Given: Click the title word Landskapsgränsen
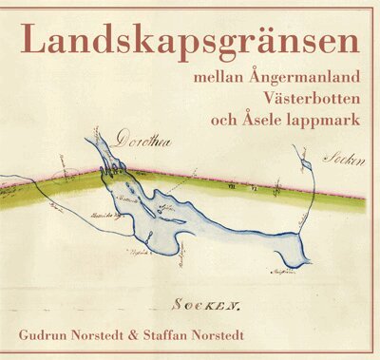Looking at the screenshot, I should [x=190, y=43].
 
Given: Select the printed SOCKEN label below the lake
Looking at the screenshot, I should [x=205, y=305].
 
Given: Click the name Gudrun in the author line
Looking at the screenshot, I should [x=47, y=335].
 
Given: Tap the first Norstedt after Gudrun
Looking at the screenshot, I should [x=114, y=335].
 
